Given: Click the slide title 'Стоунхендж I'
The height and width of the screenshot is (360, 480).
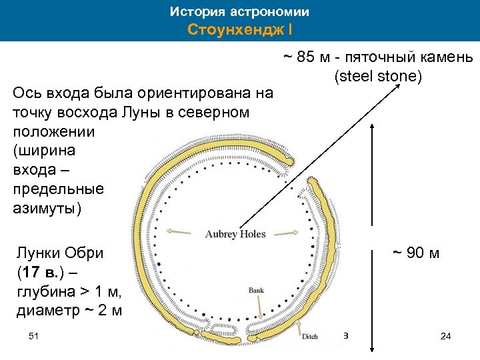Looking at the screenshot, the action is coord(239,30).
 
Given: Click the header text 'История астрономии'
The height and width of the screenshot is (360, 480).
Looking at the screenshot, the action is coord(239,12).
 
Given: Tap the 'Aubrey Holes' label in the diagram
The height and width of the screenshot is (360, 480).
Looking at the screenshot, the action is coord(235,234).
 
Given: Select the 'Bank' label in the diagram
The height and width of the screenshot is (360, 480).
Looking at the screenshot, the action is coord(256,291).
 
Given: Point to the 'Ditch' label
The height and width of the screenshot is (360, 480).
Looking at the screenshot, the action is coord(309,337).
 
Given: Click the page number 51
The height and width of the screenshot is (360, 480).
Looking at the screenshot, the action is coord(34,336).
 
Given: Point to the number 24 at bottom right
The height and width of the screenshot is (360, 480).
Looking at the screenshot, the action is coord(446,336).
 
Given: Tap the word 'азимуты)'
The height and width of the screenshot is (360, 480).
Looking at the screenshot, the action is coord(47,208).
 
